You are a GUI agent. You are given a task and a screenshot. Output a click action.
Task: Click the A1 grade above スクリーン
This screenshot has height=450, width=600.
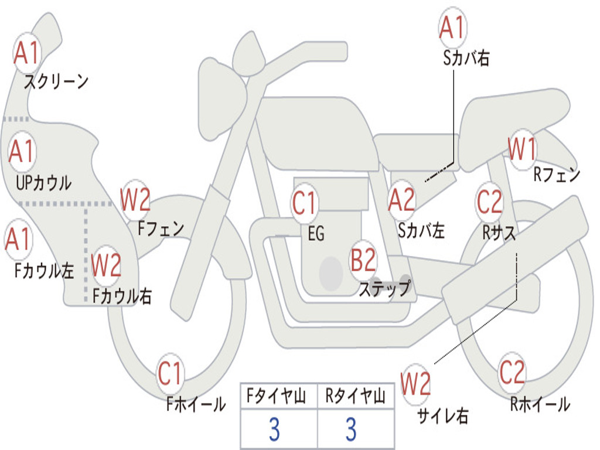pyautogui.click(x=27, y=53)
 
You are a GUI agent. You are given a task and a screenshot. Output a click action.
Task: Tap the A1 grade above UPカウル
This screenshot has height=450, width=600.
pyautogui.click(x=22, y=151)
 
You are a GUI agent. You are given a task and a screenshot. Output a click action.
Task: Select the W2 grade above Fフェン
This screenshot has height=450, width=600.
pyautogui.click(x=135, y=199)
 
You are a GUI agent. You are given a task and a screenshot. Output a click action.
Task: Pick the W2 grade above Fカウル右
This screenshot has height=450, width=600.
pyautogui.click(x=107, y=265)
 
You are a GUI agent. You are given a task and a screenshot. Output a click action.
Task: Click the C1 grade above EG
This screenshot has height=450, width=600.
pyautogui.click(x=305, y=202)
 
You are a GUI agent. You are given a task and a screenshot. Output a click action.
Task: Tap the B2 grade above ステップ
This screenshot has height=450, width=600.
pyautogui.click(x=363, y=260)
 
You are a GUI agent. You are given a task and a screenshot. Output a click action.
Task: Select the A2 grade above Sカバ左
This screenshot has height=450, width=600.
pyautogui.click(x=401, y=200)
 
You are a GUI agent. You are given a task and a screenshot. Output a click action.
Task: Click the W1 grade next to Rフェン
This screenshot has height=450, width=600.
pyautogui.click(x=522, y=149)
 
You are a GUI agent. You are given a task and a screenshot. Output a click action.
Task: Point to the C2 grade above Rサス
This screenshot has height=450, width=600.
pyautogui.click(x=489, y=202)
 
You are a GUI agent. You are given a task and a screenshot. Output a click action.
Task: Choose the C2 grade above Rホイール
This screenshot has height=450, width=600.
pyautogui.click(x=512, y=372)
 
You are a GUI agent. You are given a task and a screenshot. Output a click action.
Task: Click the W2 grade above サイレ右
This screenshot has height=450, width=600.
pyautogui.click(x=415, y=384)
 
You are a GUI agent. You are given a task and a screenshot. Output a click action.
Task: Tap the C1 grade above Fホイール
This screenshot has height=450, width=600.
pyautogui.click(x=169, y=373)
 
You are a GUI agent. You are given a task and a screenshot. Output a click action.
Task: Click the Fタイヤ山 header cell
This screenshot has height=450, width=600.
pyautogui.click(x=279, y=396)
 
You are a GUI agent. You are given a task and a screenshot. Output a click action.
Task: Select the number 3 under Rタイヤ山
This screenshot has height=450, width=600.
pyautogui.click(x=352, y=429)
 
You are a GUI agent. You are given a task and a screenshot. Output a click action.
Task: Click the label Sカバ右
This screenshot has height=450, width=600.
pyautogui.click(x=466, y=58)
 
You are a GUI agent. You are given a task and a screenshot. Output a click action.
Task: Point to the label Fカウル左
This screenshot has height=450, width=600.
pyautogui.click(x=45, y=271)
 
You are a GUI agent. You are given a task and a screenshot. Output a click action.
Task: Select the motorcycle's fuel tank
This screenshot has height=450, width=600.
pyautogui.click(x=316, y=132)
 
